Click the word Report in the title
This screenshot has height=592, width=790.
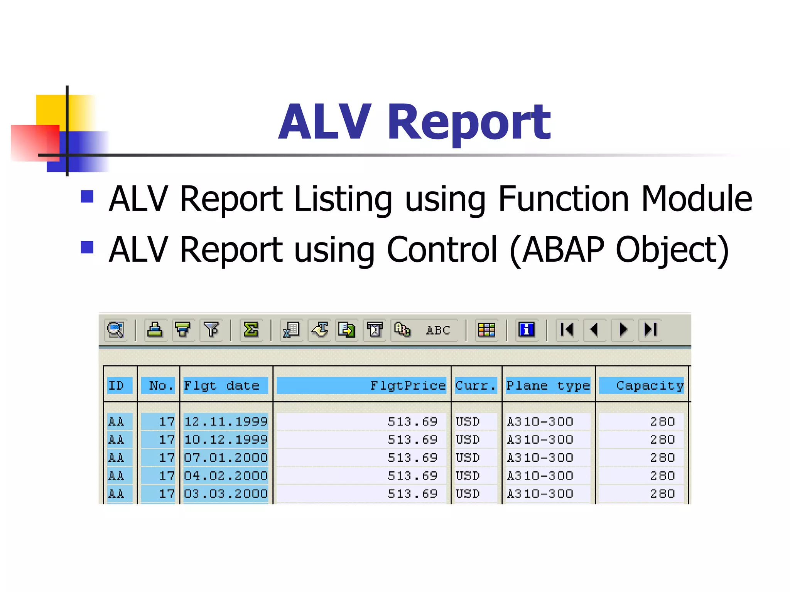(469, 123)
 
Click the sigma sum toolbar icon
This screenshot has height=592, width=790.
(251, 330)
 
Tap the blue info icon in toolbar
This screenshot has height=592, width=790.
(527, 330)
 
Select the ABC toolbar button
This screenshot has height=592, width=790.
(438, 330)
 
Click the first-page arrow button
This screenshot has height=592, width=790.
(567, 330)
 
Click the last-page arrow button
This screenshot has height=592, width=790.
(650, 330)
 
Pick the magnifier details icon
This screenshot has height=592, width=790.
(115, 330)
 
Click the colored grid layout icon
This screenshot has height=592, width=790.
(486, 330)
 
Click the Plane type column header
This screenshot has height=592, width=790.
(548, 385)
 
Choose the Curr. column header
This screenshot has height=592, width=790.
(476, 385)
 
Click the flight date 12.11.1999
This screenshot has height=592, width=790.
(226, 421)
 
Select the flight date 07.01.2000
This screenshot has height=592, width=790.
(226, 457)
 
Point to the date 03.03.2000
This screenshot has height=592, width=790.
(226, 494)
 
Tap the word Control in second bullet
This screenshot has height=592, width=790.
(442, 250)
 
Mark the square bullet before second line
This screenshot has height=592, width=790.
(87, 247)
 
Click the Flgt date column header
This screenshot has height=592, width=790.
(222, 385)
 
